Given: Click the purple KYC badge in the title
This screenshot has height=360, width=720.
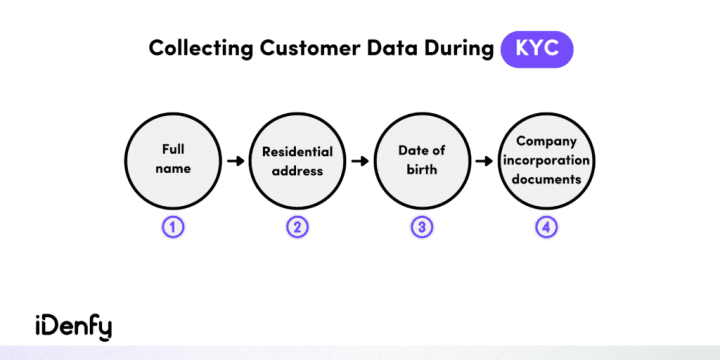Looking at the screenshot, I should [537, 47].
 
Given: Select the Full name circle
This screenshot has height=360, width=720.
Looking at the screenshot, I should [174, 159].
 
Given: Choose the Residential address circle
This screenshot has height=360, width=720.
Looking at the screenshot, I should [297, 159].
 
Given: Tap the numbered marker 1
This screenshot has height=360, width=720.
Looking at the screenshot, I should [174, 226].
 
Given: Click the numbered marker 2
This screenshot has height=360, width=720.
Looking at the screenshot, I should [297, 226].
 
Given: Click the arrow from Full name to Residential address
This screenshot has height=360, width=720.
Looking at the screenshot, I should [235, 159].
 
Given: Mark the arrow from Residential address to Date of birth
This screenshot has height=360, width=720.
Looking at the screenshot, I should [359, 159].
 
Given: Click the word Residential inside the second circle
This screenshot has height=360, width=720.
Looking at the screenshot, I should [297, 152].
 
